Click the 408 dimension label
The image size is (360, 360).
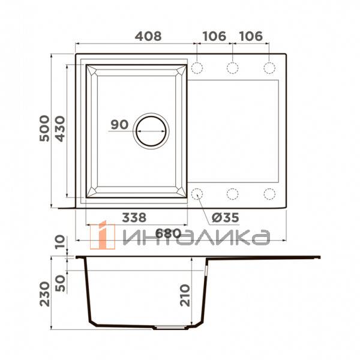[148, 36]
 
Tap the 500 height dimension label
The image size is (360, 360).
[44, 128]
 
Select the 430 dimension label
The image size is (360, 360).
[61, 129]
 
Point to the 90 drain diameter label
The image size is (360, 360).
[119, 125]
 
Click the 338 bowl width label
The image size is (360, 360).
[134, 217]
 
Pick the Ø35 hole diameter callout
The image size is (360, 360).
[225, 218]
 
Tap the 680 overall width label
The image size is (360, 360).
[168, 234]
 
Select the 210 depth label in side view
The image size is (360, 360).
[185, 295]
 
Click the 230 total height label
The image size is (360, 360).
[44, 294]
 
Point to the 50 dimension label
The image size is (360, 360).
[60, 283]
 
